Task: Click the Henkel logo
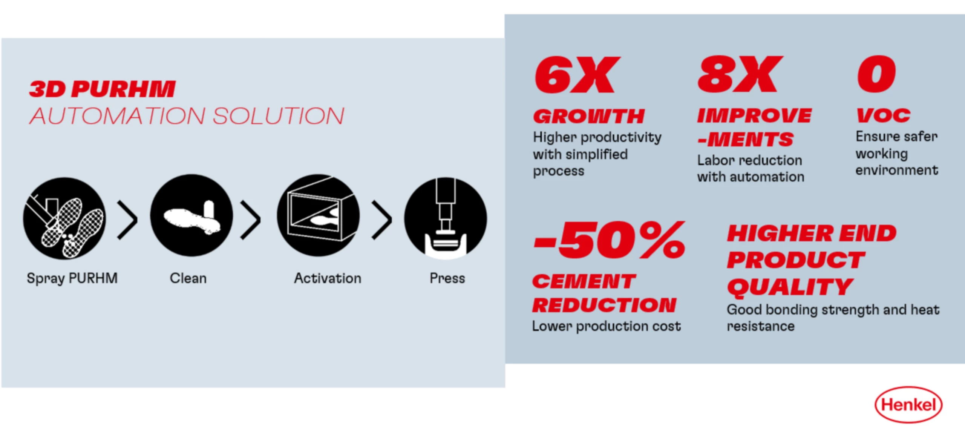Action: point(908,404)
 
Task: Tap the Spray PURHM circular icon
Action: point(64,218)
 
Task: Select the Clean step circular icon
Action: point(191,215)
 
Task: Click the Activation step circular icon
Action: point(319,215)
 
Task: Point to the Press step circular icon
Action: point(446,218)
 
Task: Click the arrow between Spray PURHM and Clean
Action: point(127,220)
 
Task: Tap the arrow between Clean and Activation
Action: point(251,220)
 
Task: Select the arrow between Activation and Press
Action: point(382,220)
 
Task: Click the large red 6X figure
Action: point(577,75)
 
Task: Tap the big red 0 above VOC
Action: point(876,74)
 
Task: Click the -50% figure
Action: point(609,240)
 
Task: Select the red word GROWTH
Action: point(589,116)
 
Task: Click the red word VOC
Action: point(884,115)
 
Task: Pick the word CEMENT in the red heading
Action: point(584,281)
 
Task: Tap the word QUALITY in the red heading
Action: point(790,287)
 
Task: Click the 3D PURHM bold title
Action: point(103,89)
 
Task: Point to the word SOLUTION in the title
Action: point(279,116)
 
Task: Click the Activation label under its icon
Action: point(328,278)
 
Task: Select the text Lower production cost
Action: point(607,326)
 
